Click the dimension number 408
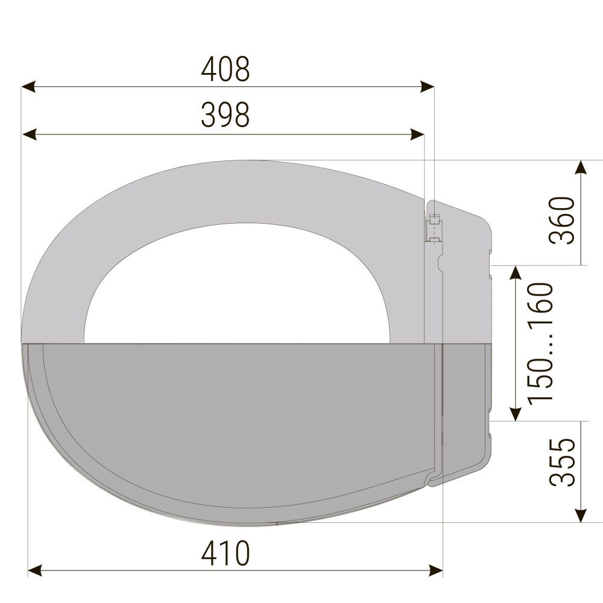tap(226, 69)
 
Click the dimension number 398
tap(226, 115)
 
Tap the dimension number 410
tap(226, 554)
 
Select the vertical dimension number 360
tap(562, 219)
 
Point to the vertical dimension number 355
tap(562, 462)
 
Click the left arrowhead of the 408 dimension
tap(28, 87)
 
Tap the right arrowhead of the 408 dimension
tap(427, 87)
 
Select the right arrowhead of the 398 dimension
tap(418, 134)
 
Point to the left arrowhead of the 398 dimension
tap(29, 134)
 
